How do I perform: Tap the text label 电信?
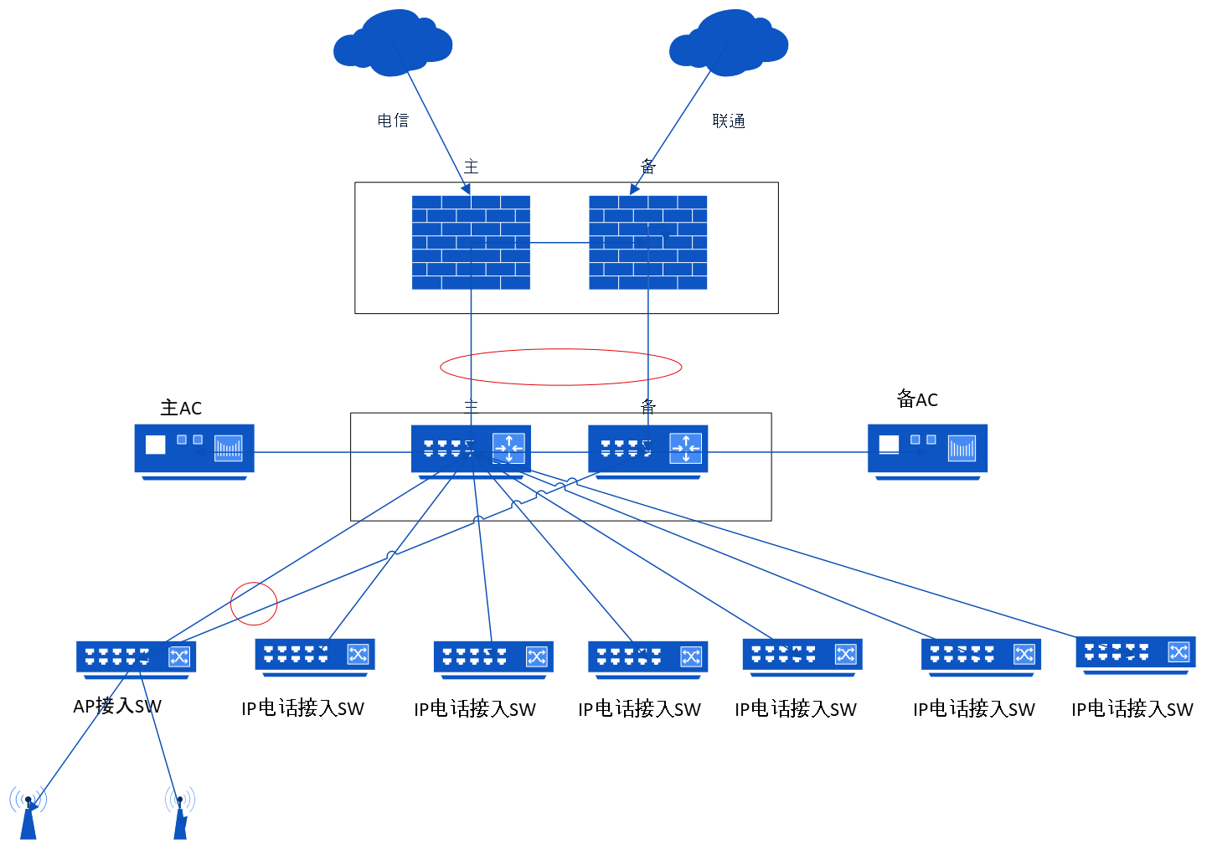click(x=393, y=121)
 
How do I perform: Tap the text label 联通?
click(x=729, y=121)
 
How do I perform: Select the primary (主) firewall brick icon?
click(x=471, y=243)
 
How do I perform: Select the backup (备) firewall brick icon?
click(x=647, y=243)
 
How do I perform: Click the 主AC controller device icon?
click(x=194, y=450)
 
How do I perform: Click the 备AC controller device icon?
click(x=927, y=450)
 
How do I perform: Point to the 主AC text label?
click(x=181, y=408)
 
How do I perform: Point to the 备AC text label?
click(x=917, y=399)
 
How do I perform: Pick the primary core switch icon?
click(x=471, y=450)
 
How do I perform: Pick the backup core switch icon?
click(x=647, y=450)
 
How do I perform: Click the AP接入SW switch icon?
click(x=136, y=658)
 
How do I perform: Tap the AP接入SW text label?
click(x=117, y=706)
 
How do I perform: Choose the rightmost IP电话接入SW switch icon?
click(x=1135, y=654)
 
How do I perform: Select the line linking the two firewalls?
click(x=560, y=243)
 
